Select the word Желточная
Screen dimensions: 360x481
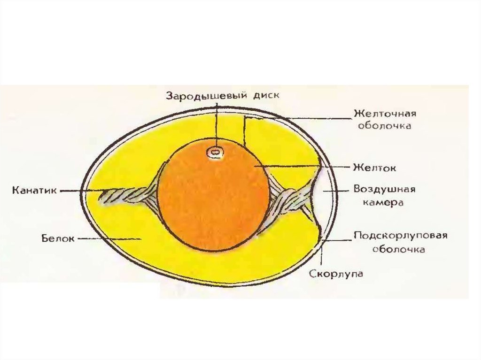[x=385, y=115]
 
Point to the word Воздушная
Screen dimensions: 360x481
[x=384, y=190]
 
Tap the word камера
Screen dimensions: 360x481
[x=384, y=203]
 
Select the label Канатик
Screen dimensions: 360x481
[x=35, y=191]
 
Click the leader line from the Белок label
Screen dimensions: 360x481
[x=108, y=239]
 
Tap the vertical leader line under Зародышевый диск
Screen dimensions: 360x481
[x=217, y=122]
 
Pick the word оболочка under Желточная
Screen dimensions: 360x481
[x=385, y=127]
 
